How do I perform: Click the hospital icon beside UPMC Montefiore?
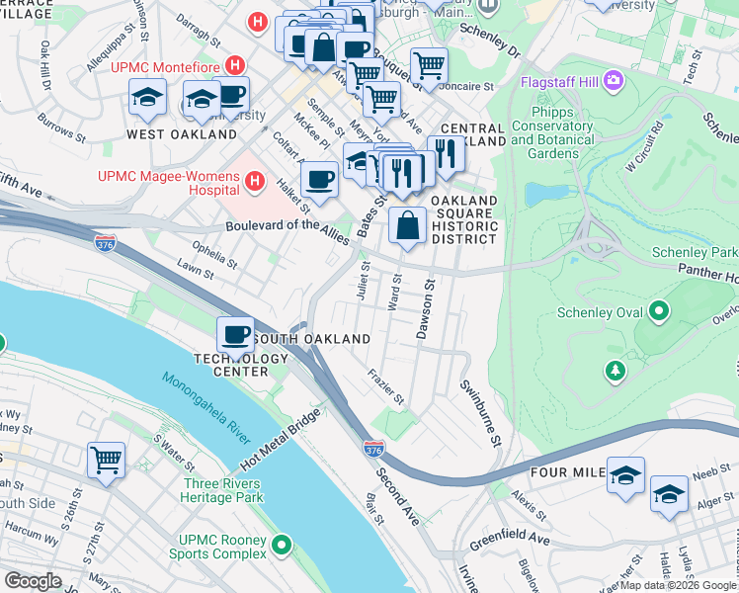tap(234, 66)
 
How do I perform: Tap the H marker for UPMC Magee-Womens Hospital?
tap(255, 181)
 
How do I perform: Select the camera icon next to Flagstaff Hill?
tap(615, 78)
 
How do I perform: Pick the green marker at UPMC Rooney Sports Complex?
tap(282, 545)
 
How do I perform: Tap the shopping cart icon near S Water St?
tap(106, 460)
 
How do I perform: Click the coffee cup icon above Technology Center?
tap(235, 335)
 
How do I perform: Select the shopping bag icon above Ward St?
tap(407, 225)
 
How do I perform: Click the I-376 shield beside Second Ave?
tap(373, 450)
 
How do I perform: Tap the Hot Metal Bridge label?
tap(283, 442)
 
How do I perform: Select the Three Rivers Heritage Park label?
tap(222, 490)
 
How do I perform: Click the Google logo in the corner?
tap(34, 580)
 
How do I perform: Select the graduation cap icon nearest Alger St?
tap(669, 495)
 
